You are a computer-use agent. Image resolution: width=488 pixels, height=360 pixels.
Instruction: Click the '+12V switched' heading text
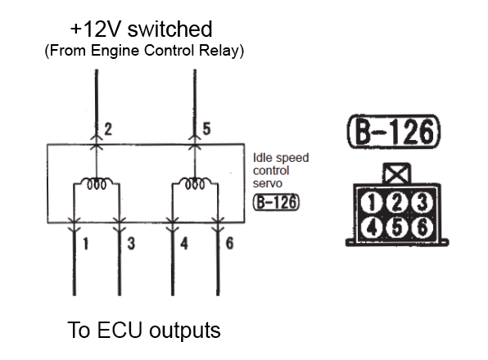tap(142, 29)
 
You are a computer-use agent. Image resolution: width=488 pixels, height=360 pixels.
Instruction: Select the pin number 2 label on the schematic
tap(108, 129)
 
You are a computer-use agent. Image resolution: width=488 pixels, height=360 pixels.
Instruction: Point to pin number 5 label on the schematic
tap(206, 128)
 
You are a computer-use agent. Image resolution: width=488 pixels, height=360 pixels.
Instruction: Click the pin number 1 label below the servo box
tap(86, 244)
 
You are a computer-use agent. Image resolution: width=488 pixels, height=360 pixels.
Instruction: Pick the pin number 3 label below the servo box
tap(131, 244)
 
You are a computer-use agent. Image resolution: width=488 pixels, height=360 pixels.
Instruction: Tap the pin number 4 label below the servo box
tap(184, 244)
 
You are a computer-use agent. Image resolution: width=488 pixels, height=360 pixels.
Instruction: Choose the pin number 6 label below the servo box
tap(229, 243)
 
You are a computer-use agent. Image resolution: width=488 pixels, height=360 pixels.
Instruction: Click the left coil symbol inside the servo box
tap(97, 183)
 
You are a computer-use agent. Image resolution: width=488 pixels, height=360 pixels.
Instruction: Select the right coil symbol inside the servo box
tap(195, 183)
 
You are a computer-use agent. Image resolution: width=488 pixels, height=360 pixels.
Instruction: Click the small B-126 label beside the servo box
tap(276, 202)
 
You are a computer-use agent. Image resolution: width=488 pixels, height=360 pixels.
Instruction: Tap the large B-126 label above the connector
tap(394, 132)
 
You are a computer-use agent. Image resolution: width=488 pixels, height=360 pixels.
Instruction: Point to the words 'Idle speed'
tap(281, 158)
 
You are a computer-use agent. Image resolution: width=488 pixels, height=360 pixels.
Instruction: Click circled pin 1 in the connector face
tap(371, 203)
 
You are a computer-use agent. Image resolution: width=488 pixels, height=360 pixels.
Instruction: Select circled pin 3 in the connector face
tap(422, 203)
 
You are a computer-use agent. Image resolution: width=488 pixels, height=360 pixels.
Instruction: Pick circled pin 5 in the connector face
tap(396, 227)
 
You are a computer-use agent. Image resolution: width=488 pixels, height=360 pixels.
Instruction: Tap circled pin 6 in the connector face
tap(422, 227)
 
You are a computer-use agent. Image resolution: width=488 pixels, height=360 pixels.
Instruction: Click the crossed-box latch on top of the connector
tap(396, 173)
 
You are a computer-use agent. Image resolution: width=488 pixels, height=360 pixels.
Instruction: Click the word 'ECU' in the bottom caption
tap(120, 330)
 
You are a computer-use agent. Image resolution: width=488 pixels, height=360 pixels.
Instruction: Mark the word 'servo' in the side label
tap(268, 184)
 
